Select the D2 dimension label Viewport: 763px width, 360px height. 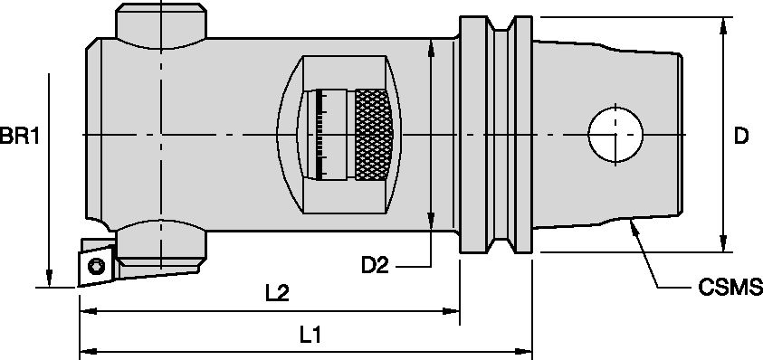click(376, 266)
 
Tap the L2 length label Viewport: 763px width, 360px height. click(278, 294)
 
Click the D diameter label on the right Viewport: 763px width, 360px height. click(741, 136)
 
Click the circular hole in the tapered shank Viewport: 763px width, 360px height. click(615, 136)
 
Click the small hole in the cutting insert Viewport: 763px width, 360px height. click(95, 265)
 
